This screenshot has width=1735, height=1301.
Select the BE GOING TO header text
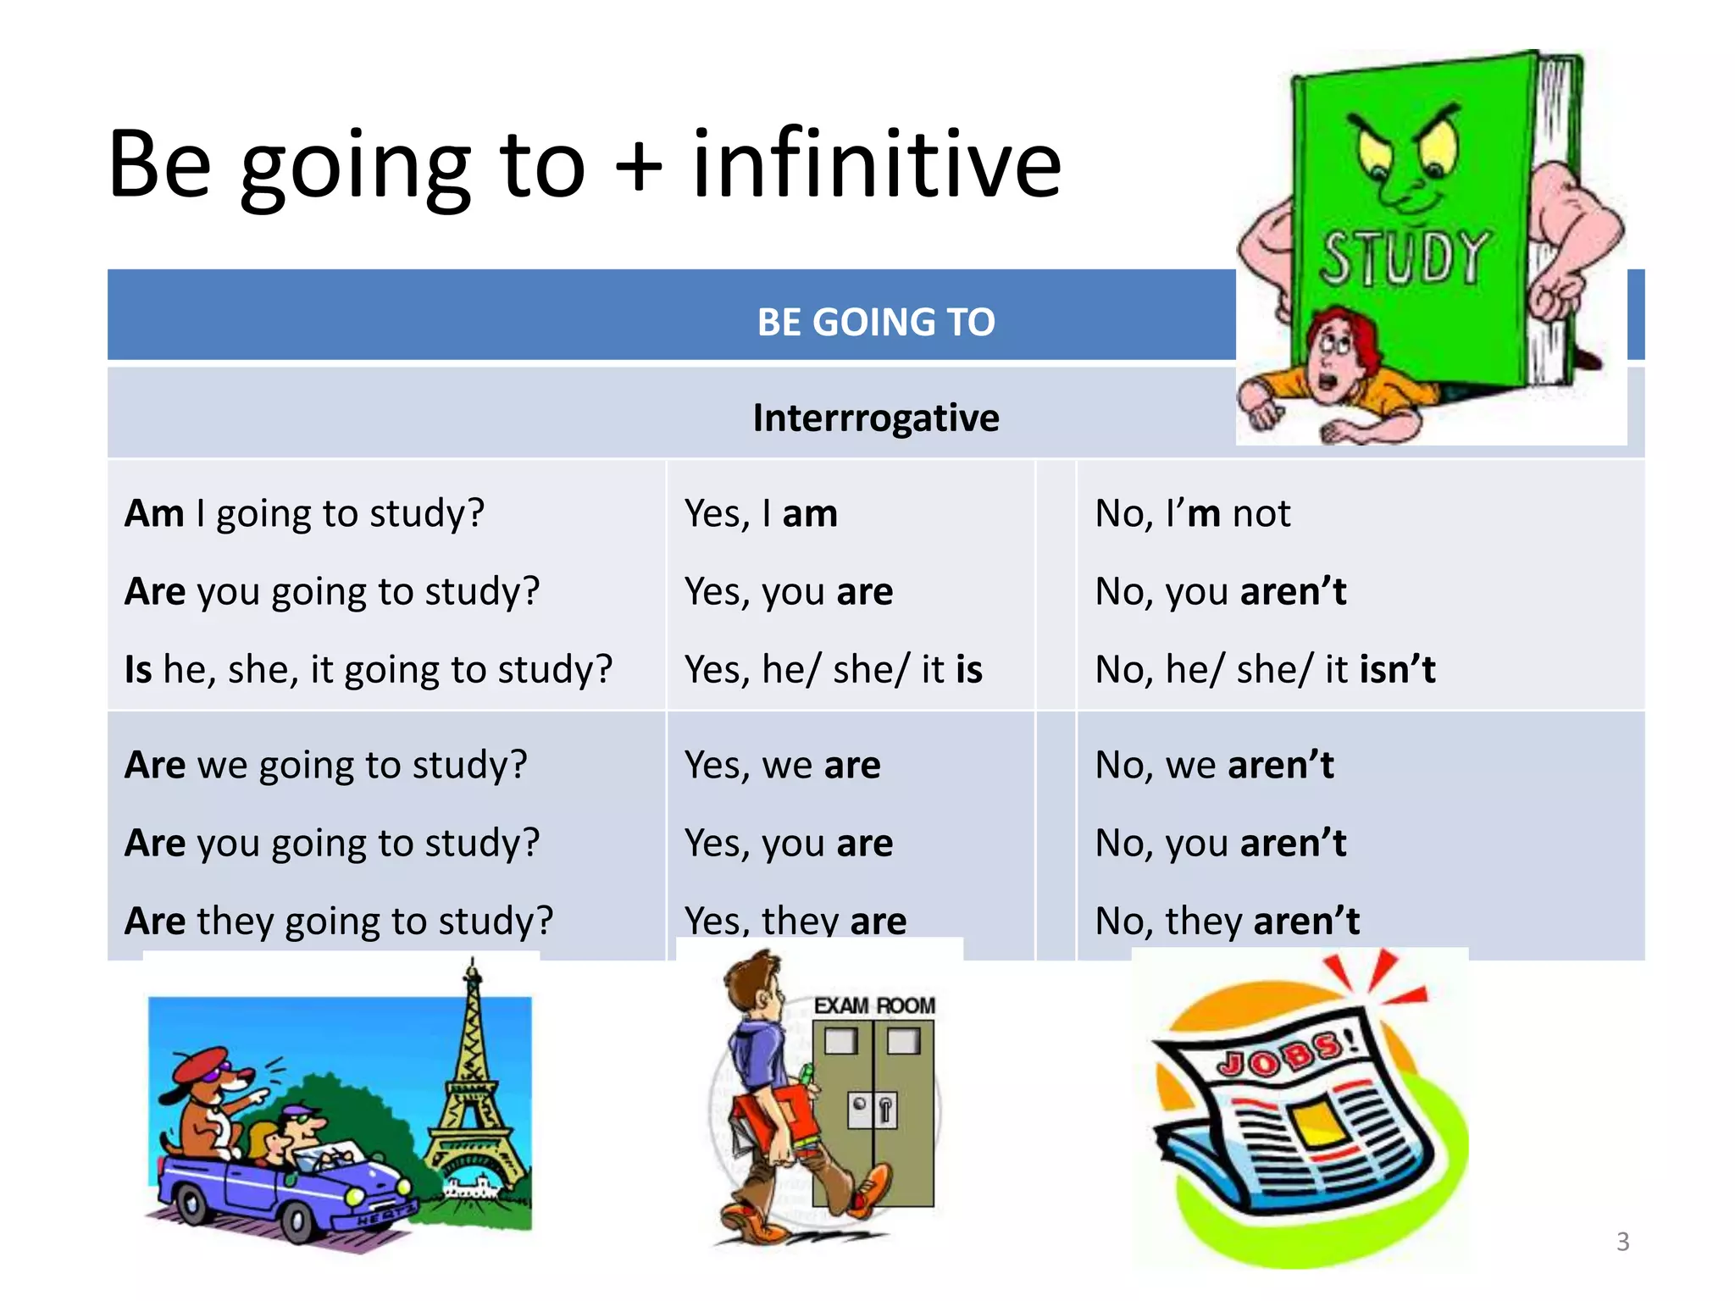[x=876, y=322]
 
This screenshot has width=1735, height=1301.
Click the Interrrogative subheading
[x=876, y=418]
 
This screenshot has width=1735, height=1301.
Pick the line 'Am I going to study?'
[x=305, y=513]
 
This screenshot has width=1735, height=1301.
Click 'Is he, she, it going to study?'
[x=369, y=669]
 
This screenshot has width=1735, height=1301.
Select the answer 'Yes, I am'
[x=761, y=513]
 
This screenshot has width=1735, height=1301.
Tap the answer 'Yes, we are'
[x=782, y=765]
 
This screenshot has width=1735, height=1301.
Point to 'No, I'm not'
[x=1193, y=513]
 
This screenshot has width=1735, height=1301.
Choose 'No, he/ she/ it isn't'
[x=1265, y=669]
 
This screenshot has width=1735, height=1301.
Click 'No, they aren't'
[x=1227, y=921]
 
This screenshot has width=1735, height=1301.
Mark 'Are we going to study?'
[x=326, y=765]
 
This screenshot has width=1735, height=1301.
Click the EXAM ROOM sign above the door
[x=874, y=1006]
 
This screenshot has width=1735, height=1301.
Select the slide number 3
[x=1622, y=1242]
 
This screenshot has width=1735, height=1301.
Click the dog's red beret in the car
[x=201, y=1065]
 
